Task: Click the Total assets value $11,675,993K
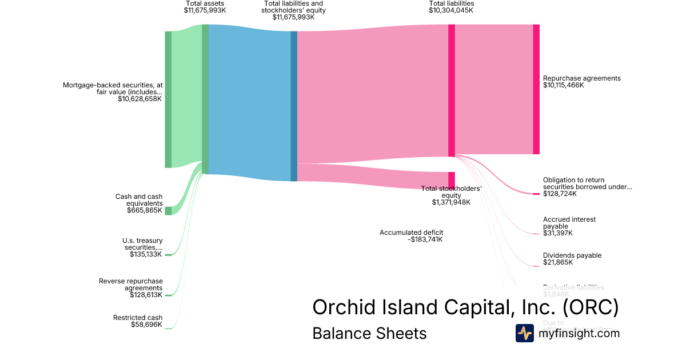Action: point(205,10)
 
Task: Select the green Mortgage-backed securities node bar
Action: point(168,99)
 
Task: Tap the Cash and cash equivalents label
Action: point(139,200)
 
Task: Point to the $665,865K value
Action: point(145,210)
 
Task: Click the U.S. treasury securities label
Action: point(142,244)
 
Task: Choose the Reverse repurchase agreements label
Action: point(131,285)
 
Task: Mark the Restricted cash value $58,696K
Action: point(146,325)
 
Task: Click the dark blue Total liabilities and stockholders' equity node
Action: point(294,106)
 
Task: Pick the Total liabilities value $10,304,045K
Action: point(452,10)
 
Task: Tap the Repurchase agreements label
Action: point(581,78)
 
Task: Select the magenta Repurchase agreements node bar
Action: point(536,89)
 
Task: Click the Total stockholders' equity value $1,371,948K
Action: point(451,202)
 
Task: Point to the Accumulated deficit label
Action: point(411,233)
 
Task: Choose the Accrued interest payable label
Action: point(569,223)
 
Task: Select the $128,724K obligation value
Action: point(560,194)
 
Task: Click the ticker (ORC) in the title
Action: point(591,307)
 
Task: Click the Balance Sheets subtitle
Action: point(369,333)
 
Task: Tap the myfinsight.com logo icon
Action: point(524,333)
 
